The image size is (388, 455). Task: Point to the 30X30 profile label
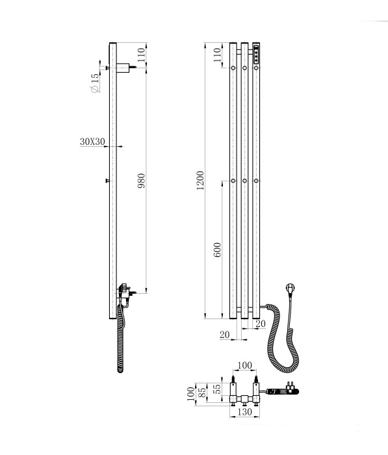92,142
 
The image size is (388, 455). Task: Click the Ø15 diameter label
96,84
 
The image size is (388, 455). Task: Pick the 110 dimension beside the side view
142,55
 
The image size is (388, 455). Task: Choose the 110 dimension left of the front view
217,56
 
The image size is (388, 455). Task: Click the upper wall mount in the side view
123,66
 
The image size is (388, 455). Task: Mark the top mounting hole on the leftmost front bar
233,68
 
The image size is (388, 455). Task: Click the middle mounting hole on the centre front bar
244,180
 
